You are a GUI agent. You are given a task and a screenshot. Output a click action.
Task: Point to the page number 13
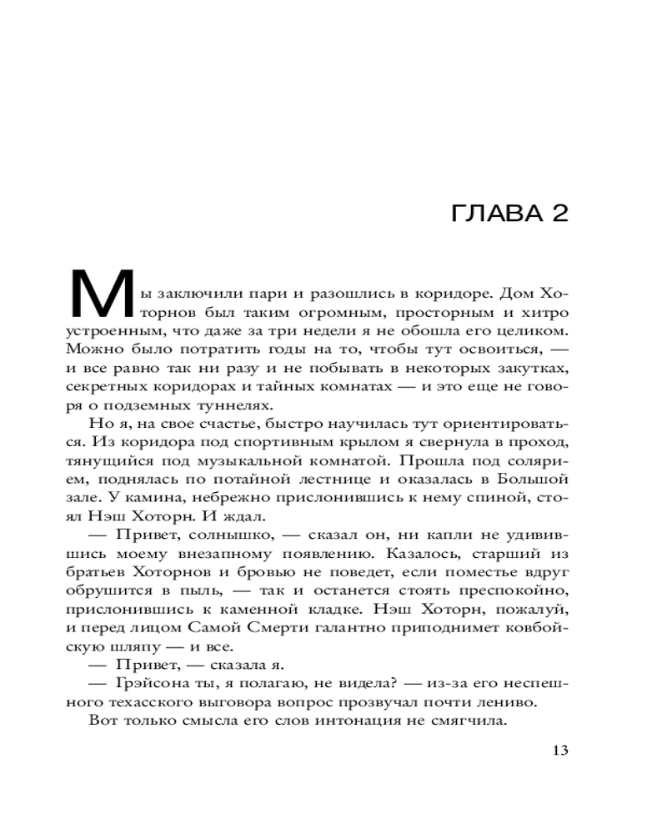click(559, 750)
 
